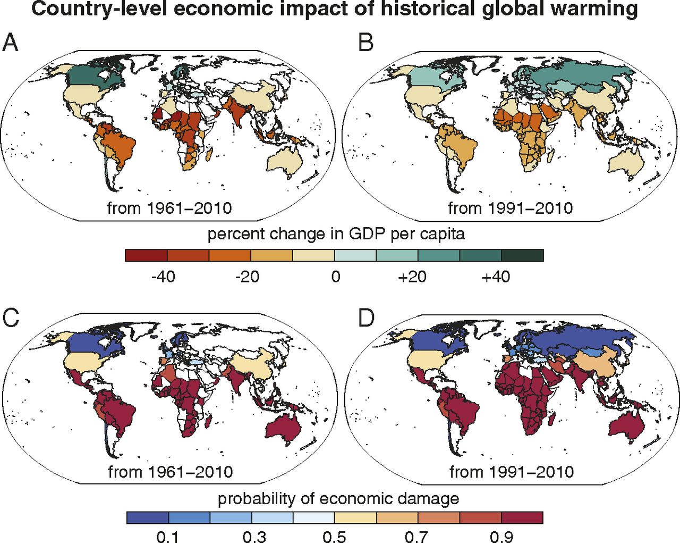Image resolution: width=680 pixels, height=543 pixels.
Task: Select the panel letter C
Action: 11,318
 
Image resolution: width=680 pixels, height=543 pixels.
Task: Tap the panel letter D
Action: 366,318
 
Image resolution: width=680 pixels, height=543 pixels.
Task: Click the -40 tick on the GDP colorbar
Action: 163,277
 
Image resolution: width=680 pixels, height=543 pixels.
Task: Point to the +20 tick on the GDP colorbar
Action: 412,277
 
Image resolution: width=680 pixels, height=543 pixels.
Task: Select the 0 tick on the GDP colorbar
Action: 335,277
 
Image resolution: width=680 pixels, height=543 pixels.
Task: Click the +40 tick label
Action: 496,277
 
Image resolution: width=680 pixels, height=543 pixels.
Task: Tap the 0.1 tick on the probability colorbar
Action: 168,536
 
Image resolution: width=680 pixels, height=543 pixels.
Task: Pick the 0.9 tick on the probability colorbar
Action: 501,536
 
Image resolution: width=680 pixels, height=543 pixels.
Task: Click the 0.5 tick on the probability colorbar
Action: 334,536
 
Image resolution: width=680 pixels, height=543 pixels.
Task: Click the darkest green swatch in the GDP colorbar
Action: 522,256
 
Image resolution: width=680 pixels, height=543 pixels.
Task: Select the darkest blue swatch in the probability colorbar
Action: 148,517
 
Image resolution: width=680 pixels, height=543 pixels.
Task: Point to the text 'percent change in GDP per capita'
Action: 336,234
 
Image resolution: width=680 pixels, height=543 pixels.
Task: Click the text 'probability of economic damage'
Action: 338,499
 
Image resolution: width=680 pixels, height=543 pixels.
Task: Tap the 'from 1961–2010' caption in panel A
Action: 169,207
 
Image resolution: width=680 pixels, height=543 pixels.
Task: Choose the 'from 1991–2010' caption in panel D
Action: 512,471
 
